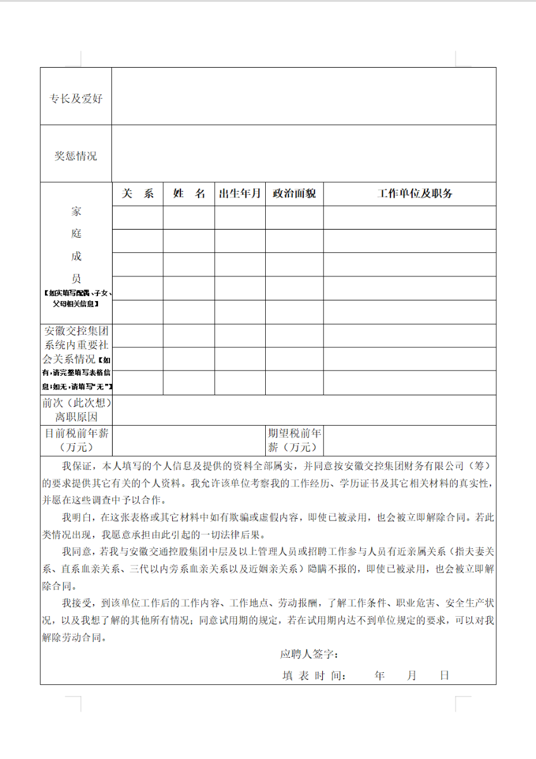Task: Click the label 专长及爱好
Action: [x=76, y=99]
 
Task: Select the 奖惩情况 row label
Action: [x=76, y=156]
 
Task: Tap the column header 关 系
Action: [x=137, y=194]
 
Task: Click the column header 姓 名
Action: [x=189, y=194]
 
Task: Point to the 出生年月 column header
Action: [x=240, y=194]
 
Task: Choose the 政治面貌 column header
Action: [x=294, y=194]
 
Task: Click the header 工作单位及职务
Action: [x=409, y=194]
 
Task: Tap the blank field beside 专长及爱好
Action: [x=304, y=96]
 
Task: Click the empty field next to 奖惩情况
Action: [x=304, y=154]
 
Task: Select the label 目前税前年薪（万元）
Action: [x=76, y=440]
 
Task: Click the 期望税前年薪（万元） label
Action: [x=294, y=440]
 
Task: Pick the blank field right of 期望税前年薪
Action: [x=409, y=440]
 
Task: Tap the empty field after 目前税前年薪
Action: [x=189, y=440]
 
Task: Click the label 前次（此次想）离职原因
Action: [x=76, y=410]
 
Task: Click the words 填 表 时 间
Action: [x=313, y=676]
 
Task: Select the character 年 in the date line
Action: [x=380, y=676]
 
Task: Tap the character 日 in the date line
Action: [x=444, y=676]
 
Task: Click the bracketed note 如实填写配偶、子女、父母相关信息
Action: [x=76, y=298]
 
